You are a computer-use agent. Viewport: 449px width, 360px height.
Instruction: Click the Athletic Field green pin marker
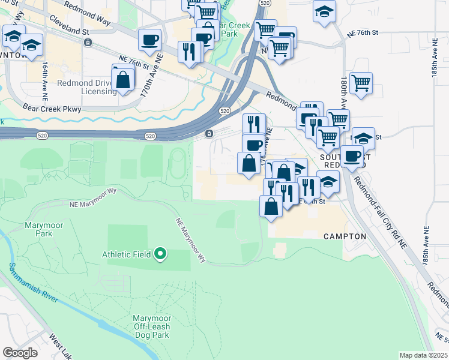click(x=160, y=254)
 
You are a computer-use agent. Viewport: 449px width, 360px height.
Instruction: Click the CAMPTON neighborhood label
click(x=345, y=236)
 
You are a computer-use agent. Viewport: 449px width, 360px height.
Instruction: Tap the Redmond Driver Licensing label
click(x=87, y=87)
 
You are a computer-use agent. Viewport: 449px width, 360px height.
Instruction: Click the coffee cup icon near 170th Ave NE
click(x=149, y=40)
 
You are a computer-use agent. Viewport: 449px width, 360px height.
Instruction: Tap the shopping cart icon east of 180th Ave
click(x=361, y=83)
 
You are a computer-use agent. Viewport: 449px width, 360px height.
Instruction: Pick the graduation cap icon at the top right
click(x=325, y=11)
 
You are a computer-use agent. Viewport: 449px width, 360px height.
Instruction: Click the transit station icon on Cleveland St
click(x=88, y=43)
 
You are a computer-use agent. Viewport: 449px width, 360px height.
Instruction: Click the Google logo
click(x=20, y=352)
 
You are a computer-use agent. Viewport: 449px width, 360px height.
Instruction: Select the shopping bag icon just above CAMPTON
click(x=271, y=205)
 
